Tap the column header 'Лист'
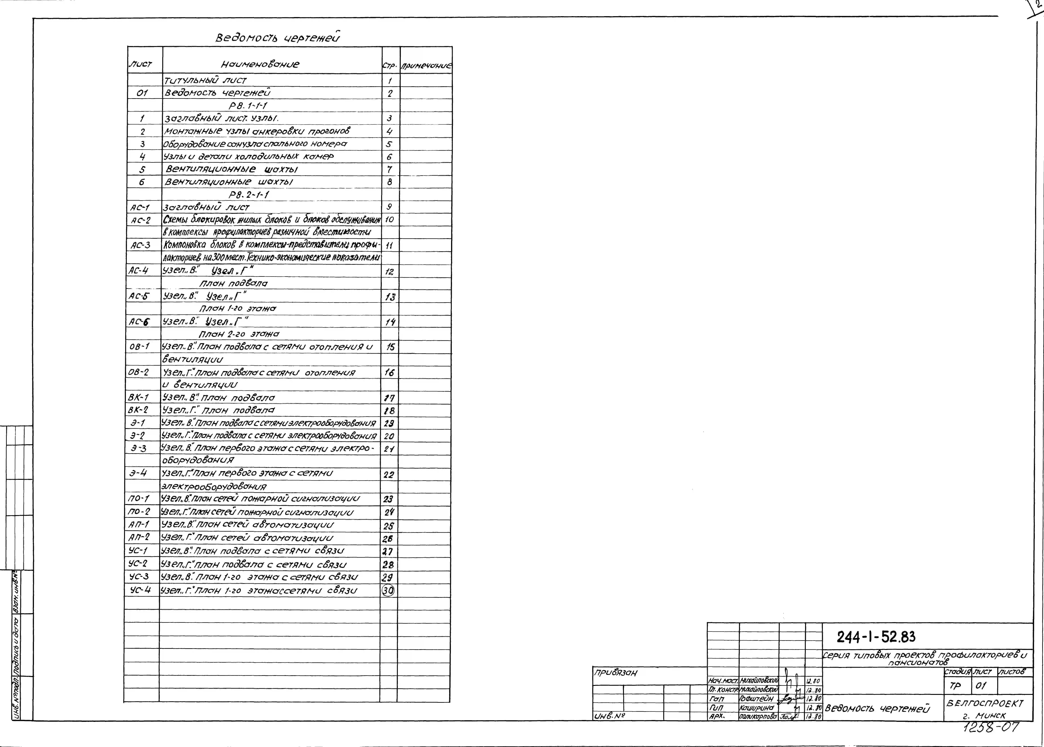(140, 64)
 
